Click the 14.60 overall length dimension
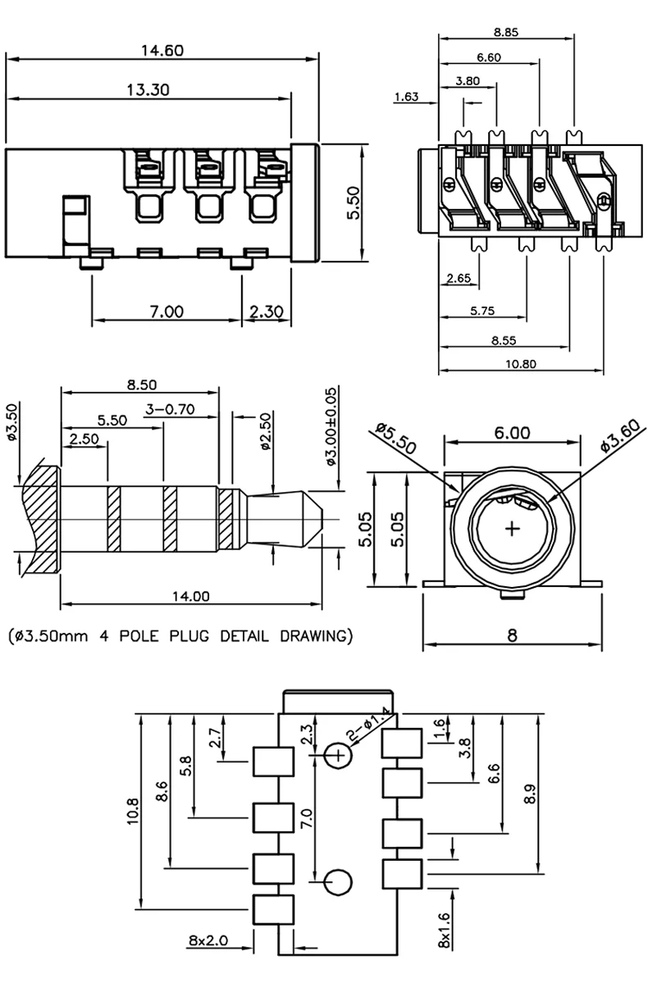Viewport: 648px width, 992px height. (162, 51)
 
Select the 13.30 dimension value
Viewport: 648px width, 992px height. (148, 90)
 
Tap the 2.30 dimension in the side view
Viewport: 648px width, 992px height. (266, 312)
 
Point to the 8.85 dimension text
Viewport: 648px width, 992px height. (506, 32)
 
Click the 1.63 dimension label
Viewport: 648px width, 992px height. (406, 97)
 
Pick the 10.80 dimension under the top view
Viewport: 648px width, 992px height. (521, 364)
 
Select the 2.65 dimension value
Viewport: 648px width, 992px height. (459, 278)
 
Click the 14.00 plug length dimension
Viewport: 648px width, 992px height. (190, 597)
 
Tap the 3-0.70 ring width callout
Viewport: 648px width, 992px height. (170, 409)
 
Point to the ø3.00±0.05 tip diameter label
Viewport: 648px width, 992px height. (331, 427)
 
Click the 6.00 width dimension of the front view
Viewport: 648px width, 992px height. (512, 433)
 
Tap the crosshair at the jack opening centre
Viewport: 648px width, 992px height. (513, 530)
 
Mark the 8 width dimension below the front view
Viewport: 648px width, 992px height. (512, 636)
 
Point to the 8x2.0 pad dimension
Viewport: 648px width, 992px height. (208, 940)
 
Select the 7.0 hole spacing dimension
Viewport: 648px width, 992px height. (307, 817)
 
